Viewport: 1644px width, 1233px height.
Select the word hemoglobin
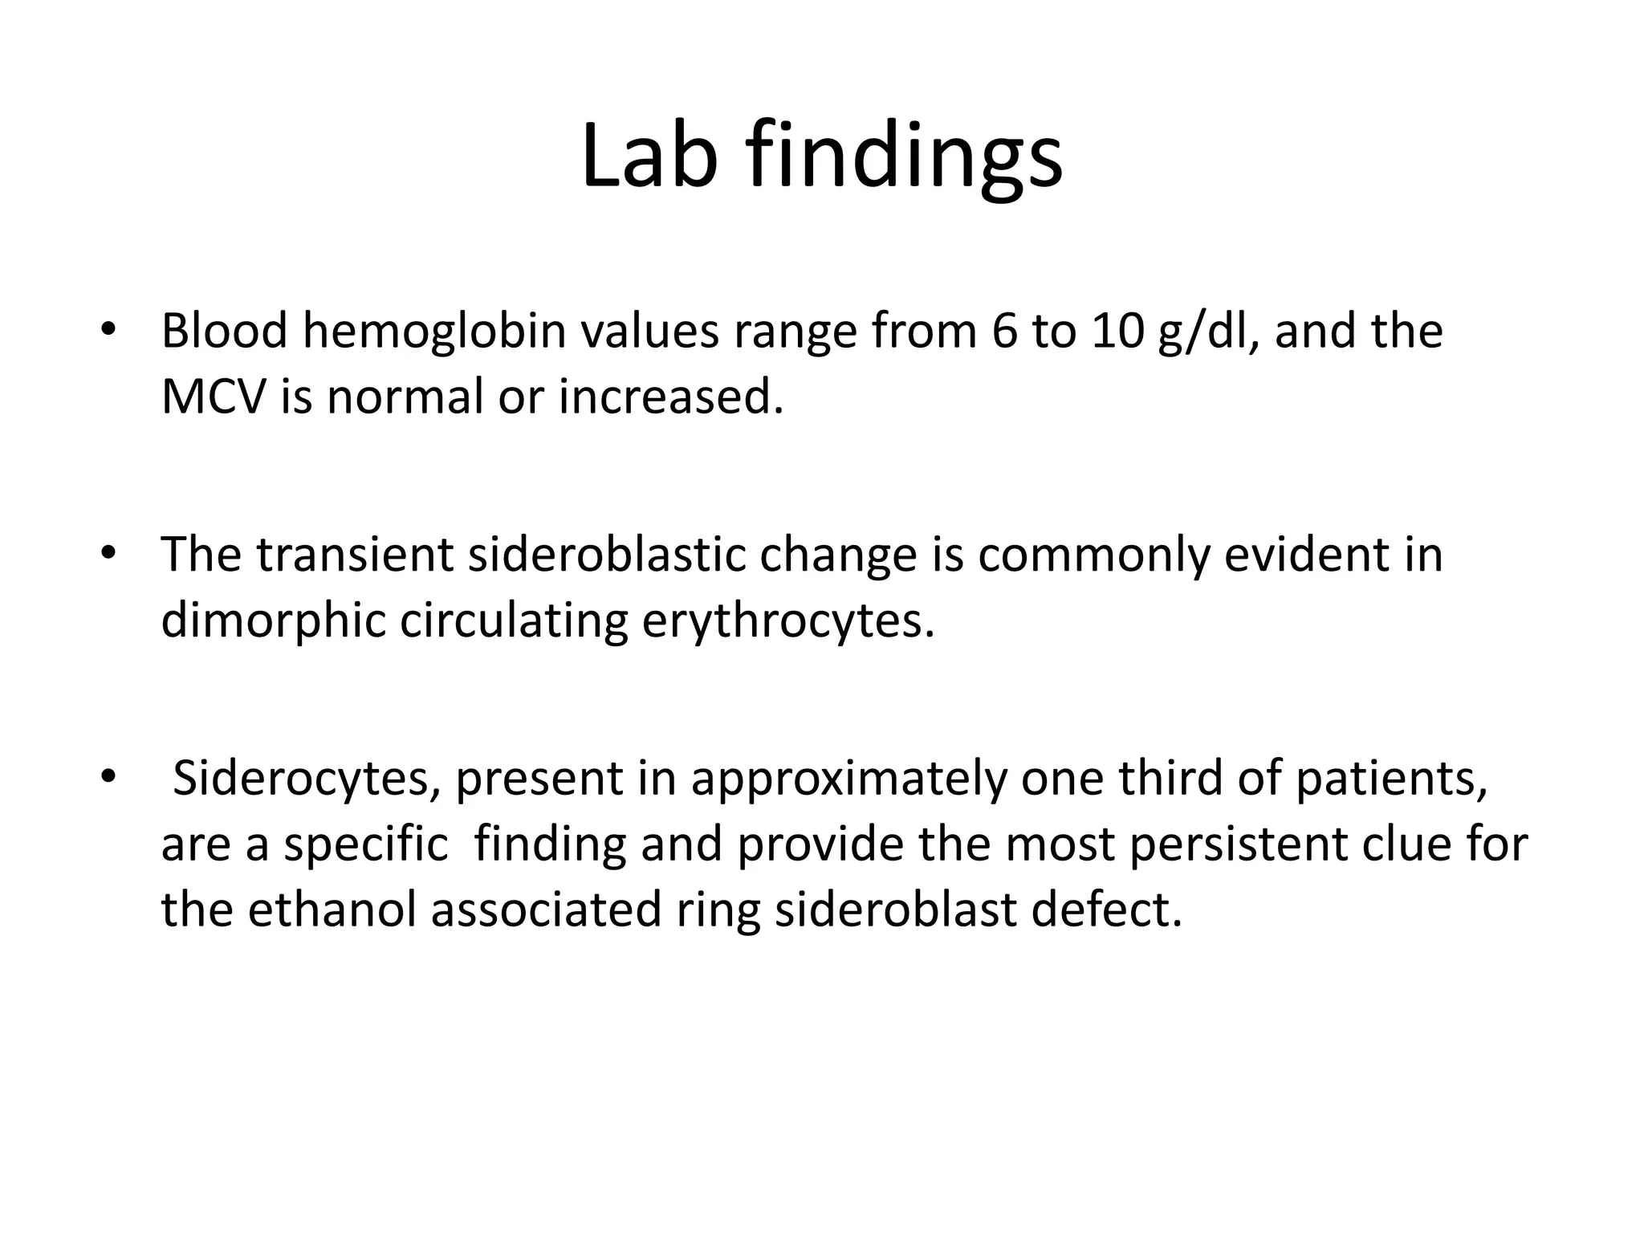pyautogui.click(x=433, y=331)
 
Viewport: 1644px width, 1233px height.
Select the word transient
pyautogui.click(x=355, y=554)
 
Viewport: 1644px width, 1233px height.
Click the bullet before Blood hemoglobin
pyautogui.click(x=108, y=331)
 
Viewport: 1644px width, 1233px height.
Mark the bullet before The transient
pyautogui.click(x=108, y=554)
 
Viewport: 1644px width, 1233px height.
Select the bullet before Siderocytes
pyautogui.click(x=108, y=778)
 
